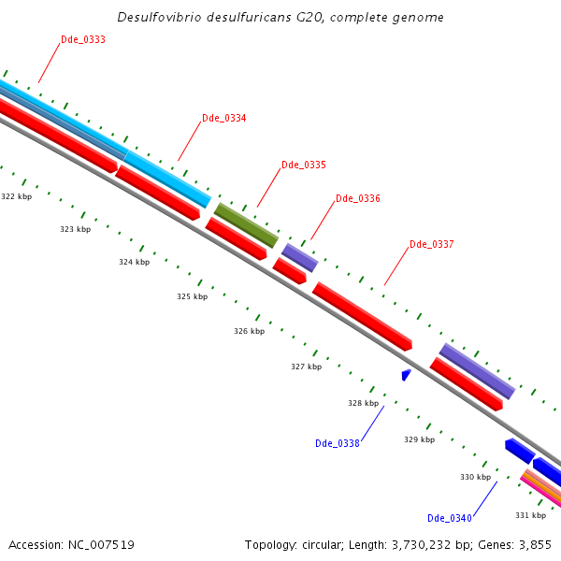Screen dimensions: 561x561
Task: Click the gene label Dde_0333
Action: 82,39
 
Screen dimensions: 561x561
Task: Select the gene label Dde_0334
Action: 224,118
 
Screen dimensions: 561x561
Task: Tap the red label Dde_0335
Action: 304,165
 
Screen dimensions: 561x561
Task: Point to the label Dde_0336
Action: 357,198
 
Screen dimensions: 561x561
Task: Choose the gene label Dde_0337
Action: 432,245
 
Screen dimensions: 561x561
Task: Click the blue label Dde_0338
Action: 338,443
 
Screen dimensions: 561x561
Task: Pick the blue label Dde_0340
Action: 450,518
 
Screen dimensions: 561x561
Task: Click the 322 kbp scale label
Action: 16,196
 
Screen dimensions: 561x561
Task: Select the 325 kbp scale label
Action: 192,296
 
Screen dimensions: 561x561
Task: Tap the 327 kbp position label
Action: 306,367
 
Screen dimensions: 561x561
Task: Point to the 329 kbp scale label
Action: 419,439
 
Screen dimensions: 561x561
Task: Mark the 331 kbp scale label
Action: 530,515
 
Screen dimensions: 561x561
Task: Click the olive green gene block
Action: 247,225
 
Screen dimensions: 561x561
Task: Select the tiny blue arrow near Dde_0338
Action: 406,375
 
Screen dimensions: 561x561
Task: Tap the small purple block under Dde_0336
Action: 299,257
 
